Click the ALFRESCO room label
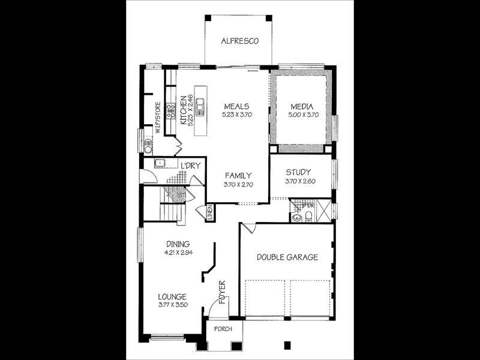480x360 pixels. pyautogui.click(x=239, y=41)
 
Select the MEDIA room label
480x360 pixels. pyautogui.click(x=301, y=106)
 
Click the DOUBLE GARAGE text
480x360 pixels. pyautogui.click(x=287, y=257)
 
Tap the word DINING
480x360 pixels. pyautogui.click(x=178, y=244)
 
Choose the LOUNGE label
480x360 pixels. pyautogui.click(x=172, y=296)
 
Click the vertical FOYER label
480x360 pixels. pyautogui.click(x=222, y=292)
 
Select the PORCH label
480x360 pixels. pyautogui.click(x=223, y=329)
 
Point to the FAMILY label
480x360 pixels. pyautogui.click(x=238, y=176)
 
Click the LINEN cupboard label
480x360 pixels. pyautogui.click(x=211, y=211)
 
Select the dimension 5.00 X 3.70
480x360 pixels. pyautogui.click(x=301, y=114)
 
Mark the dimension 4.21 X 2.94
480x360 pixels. pyautogui.click(x=178, y=253)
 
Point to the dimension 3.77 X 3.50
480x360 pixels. pyautogui.click(x=172, y=305)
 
